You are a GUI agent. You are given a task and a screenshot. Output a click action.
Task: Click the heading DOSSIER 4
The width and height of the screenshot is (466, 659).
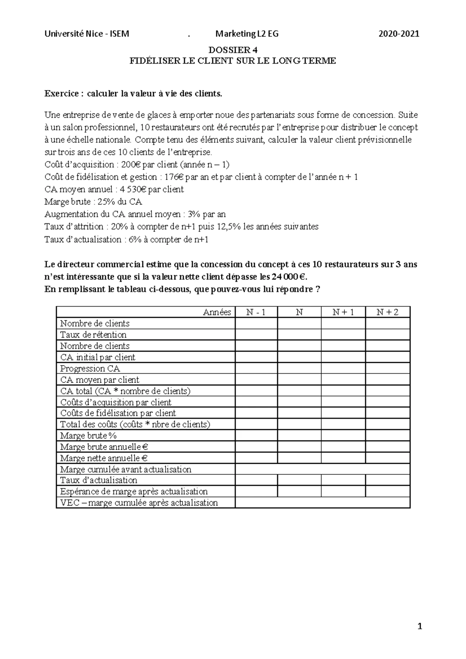[x=233, y=50]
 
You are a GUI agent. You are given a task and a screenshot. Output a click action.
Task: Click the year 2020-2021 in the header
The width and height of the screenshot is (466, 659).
[x=399, y=34]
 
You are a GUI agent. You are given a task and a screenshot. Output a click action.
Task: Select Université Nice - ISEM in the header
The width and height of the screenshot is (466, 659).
[x=87, y=34]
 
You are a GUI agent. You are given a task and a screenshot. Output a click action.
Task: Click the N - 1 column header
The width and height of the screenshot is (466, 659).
[x=256, y=312]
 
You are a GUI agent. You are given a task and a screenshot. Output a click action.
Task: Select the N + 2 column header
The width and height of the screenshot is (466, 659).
[x=388, y=312]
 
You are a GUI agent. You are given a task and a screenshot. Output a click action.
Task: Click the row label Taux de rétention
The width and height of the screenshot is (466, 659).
[x=93, y=335]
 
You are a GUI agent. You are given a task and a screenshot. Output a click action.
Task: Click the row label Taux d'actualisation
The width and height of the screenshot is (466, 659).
[x=99, y=480]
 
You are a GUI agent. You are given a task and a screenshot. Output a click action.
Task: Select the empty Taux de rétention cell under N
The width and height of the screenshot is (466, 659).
[x=299, y=335]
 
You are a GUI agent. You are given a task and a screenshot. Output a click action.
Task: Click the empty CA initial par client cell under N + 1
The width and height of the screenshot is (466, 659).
[x=343, y=357]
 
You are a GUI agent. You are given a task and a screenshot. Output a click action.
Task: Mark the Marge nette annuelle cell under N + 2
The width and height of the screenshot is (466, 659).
[x=388, y=458]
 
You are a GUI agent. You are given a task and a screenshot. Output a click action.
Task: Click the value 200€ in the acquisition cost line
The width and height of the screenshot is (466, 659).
[x=132, y=165]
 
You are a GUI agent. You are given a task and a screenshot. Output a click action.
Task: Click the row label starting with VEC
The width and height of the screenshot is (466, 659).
[x=139, y=503]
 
